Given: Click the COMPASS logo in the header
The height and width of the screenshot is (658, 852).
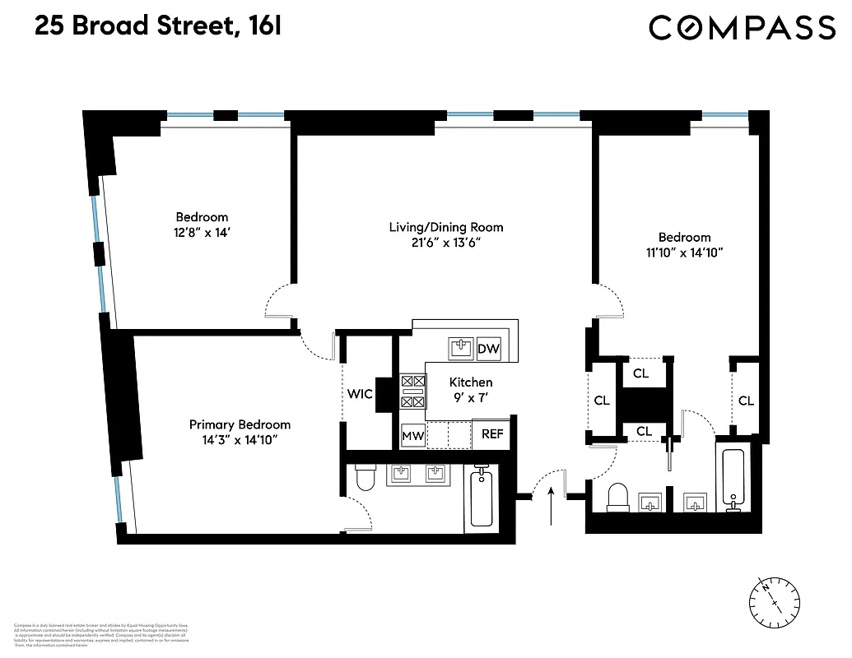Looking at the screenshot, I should [x=742, y=28].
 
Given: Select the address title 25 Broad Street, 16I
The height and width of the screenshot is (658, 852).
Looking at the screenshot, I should [x=158, y=26].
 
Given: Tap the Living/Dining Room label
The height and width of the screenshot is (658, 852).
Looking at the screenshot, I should [x=445, y=227].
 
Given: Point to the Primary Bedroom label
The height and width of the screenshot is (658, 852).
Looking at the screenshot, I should [x=240, y=424].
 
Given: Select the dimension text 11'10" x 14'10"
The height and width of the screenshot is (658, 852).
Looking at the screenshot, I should [x=684, y=253].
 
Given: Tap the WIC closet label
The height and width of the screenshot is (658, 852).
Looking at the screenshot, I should [x=360, y=395].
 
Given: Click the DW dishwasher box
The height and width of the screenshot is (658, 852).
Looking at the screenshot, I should [x=488, y=349].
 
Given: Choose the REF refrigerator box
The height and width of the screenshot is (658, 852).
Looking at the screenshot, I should [x=492, y=434].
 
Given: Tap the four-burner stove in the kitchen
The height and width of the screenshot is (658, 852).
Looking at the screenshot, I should [x=413, y=392].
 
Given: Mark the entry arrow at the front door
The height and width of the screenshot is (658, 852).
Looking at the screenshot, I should [x=551, y=502].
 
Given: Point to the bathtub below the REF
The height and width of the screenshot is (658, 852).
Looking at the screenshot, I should [x=482, y=496].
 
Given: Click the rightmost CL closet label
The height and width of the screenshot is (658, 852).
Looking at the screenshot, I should [x=746, y=401].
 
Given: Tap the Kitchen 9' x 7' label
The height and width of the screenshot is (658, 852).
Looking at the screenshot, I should [x=471, y=389].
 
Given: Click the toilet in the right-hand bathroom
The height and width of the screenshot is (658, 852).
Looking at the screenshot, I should [x=617, y=496].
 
